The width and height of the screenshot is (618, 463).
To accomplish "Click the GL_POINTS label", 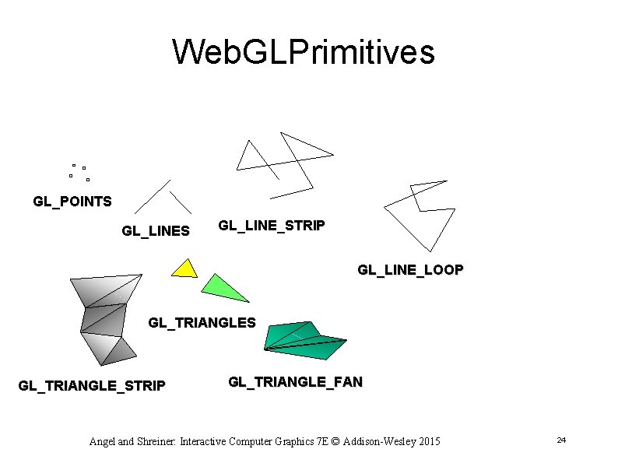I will [72, 202].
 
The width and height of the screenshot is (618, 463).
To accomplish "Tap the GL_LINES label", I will [156, 230].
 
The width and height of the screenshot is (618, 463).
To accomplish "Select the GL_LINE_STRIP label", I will [272, 226].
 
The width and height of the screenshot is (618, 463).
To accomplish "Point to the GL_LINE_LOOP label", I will [410, 270].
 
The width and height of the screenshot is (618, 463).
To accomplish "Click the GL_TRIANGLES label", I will [202, 322].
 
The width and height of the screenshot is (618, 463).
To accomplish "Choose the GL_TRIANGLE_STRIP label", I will [92, 385].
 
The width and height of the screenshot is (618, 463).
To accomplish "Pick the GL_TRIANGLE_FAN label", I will [295, 382].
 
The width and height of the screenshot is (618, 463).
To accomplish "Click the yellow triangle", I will [186, 269].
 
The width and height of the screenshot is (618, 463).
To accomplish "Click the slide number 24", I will [560, 441].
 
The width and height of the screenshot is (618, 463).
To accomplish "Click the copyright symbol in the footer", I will [332, 442].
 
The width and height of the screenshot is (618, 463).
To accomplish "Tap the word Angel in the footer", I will [102, 442].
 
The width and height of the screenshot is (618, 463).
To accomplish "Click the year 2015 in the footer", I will [427, 442].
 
